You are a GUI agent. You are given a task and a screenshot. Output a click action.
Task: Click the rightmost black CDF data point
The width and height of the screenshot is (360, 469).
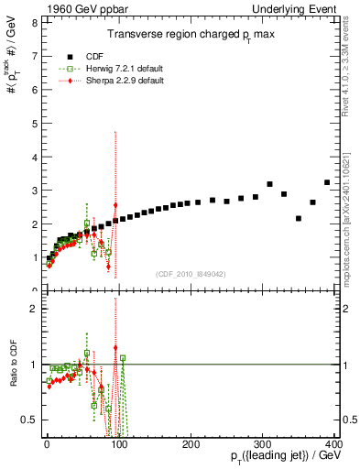[327, 182]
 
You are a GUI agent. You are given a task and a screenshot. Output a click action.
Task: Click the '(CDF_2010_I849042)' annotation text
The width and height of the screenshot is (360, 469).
[191, 272]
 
